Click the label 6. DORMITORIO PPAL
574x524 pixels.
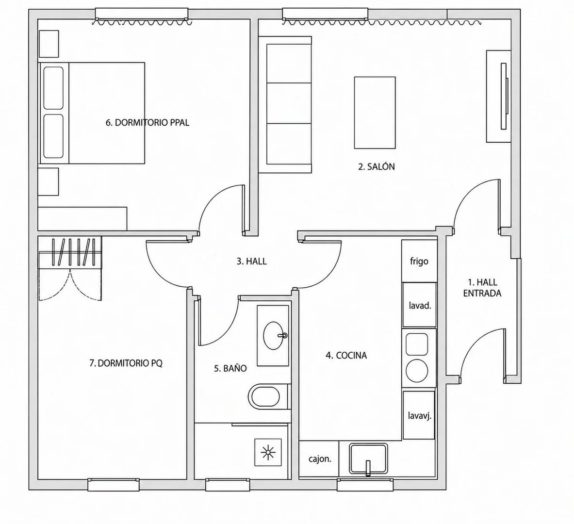(x=148, y=123)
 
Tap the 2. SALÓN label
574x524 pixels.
(x=377, y=166)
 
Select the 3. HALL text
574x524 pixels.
(x=251, y=262)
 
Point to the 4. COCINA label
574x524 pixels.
(x=346, y=355)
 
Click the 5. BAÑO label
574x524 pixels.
(x=230, y=368)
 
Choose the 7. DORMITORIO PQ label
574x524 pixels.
(x=126, y=363)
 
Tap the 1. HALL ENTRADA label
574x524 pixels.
(x=482, y=288)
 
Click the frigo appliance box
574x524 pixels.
(x=420, y=261)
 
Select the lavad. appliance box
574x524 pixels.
(x=420, y=305)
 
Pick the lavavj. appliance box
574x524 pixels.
(x=419, y=415)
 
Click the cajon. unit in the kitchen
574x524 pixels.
(x=319, y=459)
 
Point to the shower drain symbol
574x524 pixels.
(x=268, y=453)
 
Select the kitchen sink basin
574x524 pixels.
(x=368, y=458)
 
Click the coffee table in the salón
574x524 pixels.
(x=375, y=113)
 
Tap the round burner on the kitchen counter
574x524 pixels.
(x=417, y=370)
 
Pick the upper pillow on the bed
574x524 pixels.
(x=53, y=88)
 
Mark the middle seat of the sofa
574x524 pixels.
(x=289, y=103)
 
